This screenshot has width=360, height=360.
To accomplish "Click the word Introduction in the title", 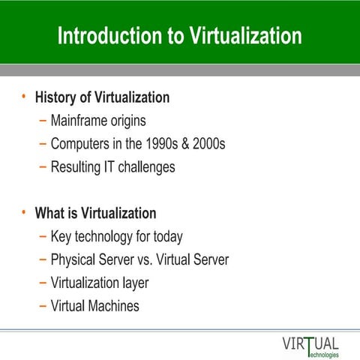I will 103,36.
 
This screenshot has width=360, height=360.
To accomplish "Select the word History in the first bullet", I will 57,97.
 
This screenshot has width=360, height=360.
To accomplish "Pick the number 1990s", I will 157,143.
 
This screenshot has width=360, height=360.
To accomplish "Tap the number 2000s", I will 208,143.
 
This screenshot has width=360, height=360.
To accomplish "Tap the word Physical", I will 76,260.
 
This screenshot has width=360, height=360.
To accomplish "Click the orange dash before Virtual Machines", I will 41,306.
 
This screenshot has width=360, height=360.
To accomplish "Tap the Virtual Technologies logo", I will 310,346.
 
